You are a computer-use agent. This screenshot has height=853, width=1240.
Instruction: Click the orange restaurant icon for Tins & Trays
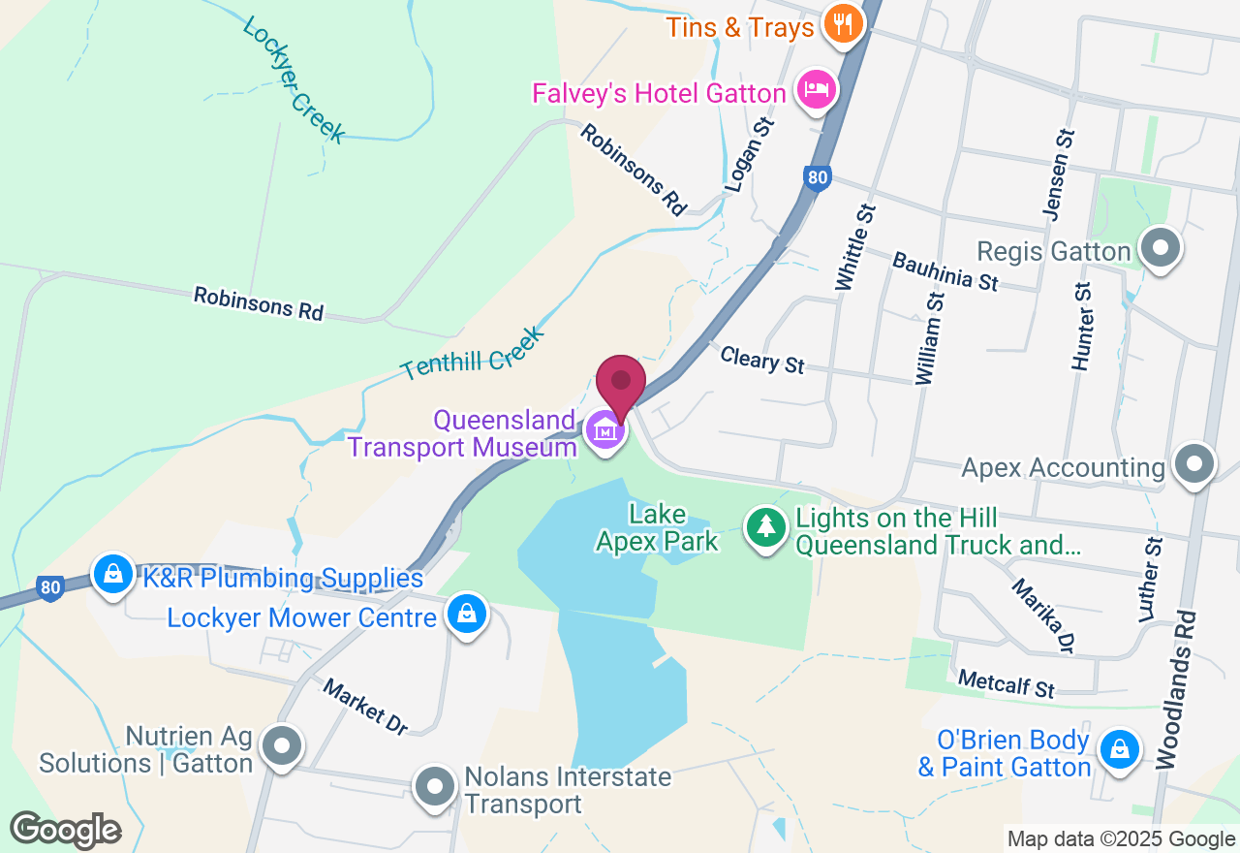pyautogui.click(x=843, y=25)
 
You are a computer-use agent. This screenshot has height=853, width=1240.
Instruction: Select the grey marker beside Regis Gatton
pyautogui.click(x=1160, y=249)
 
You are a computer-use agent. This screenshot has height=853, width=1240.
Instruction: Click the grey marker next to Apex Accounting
pyautogui.click(x=1193, y=465)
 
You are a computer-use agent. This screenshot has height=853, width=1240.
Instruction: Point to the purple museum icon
pyautogui.click(x=605, y=429)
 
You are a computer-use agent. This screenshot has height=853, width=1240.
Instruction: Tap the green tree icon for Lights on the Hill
pyautogui.click(x=766, y=528)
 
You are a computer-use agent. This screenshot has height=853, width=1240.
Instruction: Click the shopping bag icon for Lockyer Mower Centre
pyautogui.click(x=467, y=615)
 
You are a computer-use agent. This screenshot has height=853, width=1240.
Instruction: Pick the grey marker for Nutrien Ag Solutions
pyautogui.click(x=282, y=746)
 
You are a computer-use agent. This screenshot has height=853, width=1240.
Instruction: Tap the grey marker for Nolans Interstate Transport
pyautogui.click(x=434, y=786)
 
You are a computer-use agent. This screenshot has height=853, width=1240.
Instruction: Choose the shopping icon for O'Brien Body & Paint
pyautogui.click(x=1120, y=750)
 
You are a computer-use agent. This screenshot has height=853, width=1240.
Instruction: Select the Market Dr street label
pyautogui.click(x=366, y=706)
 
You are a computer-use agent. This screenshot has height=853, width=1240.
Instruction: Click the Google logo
pyautogui.click(x=65, y=830)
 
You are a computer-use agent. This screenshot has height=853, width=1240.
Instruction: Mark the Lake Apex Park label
pyautogui.click(x=658, y=528)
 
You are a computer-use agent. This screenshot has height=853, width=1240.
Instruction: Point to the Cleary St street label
pyautogui.click(x=762, y=359)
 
